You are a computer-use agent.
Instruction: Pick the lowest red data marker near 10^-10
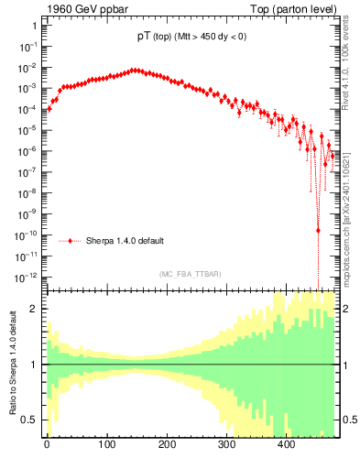[x=318, y=230]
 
